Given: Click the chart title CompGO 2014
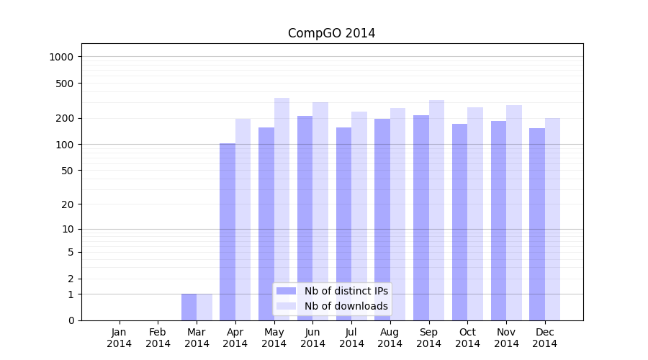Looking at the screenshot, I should pos(331,33).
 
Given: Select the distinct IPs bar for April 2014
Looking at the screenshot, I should pos(228,230).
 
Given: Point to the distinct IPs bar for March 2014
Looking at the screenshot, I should pos(189,307).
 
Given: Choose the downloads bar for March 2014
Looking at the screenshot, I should pos(204,307).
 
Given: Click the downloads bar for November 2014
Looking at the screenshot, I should pos(514,212).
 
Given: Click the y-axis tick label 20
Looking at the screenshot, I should pos(68,204).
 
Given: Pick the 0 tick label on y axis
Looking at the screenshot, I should pos(71,320).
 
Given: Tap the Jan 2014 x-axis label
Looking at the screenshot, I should pos(120,338).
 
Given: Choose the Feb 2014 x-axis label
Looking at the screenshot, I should pos(158,338).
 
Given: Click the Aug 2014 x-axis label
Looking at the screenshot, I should pos(390,338).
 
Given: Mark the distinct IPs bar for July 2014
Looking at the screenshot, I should pos(343,223).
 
